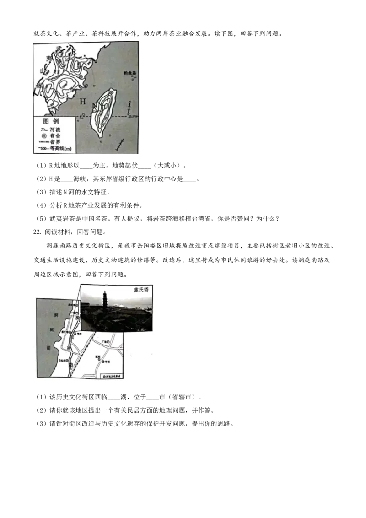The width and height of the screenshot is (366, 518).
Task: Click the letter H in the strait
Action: (83, 101)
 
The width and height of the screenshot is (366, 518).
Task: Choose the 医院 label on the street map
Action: (98, 356)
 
